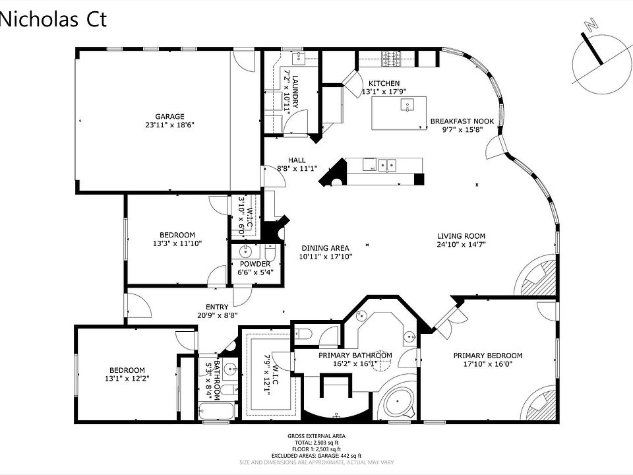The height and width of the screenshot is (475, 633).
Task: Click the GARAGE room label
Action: pos(169,117)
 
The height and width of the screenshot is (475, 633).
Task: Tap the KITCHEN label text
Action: pos(384,83)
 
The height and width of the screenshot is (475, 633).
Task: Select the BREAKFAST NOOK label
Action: pos(462,121)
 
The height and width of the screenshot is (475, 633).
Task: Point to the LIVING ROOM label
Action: pos(462,236)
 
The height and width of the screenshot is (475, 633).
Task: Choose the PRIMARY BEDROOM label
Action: pos(488,356)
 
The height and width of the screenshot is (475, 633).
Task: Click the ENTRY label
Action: pos(217,307)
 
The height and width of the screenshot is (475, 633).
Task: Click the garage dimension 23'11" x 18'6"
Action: pos(169,125)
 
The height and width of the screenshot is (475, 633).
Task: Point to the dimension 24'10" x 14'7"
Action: pos(462,244)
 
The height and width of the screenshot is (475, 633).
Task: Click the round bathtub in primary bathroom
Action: pos(398,402)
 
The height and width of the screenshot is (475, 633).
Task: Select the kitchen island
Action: pos(398,113)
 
